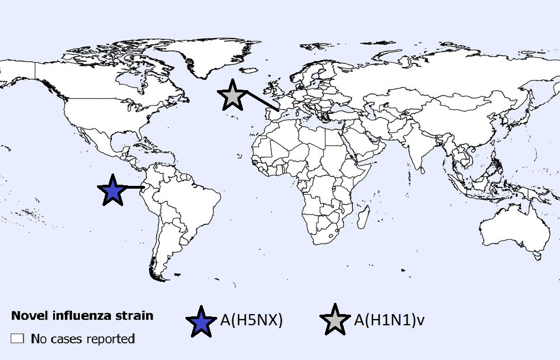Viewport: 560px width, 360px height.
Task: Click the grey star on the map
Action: point(232,95)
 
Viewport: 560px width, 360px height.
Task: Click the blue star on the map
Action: point(113,191)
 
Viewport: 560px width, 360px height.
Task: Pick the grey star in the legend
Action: point(335,321)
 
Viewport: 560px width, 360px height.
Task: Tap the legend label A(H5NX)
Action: point(251,320)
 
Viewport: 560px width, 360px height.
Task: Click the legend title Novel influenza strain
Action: point(82,316)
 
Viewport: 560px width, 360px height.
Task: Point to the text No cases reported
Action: point(83,339)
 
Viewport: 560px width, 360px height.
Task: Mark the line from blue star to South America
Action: point(134,188)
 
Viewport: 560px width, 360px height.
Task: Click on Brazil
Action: point(190,196)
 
